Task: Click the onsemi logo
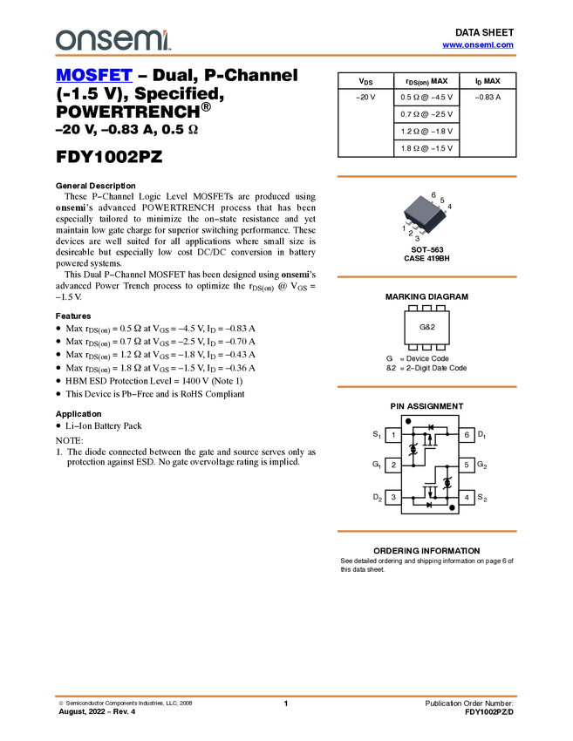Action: pos(113,39)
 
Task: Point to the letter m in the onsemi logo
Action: pos(150,40)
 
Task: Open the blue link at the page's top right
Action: pos(478,45)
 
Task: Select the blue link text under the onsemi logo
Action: pos(94,76)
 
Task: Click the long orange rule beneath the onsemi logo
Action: pos(285,56)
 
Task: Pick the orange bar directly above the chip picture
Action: pos(426,176)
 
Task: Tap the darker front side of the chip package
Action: pos(419,223)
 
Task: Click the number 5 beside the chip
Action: pos(442,201)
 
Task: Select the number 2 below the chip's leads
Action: pos(410,234)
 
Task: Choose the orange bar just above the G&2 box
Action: pos(426,277)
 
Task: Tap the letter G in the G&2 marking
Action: pos(422,327)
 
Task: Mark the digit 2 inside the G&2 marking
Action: pos(432,327)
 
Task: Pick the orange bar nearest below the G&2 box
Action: pos(426,386)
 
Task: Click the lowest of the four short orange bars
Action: pos(426,530)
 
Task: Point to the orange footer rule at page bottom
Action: pos(285,697)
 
